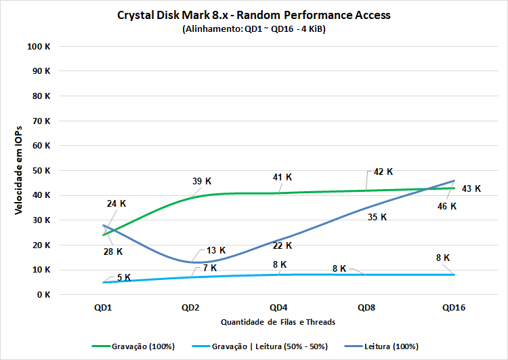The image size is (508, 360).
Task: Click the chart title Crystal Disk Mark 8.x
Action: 253,15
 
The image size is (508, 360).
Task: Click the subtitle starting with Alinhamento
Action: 253,30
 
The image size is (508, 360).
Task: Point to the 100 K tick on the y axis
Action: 38,46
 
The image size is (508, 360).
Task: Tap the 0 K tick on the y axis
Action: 43,295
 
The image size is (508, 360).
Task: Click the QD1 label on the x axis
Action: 104,307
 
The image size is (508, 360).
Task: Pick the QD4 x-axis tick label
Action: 278,307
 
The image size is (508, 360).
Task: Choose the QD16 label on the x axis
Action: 454,307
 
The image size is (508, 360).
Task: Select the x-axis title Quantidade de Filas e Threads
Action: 278,321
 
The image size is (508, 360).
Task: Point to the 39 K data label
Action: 201,181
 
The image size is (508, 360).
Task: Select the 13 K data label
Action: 217,251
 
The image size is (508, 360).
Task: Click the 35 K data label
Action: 377,217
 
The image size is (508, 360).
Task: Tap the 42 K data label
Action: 383,172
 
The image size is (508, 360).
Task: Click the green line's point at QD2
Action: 191,197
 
